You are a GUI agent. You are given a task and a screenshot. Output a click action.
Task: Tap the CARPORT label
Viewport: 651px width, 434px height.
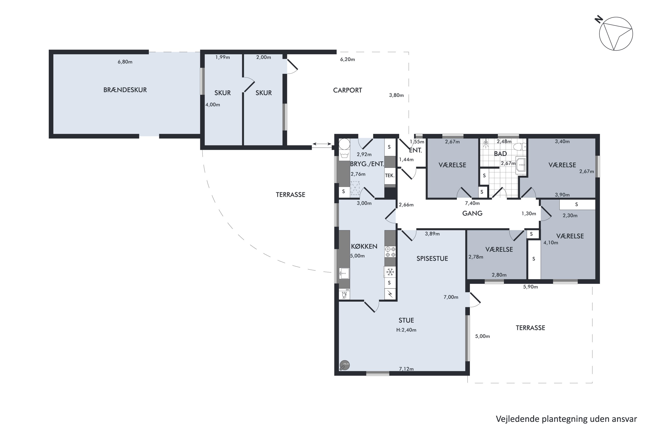(347, 90)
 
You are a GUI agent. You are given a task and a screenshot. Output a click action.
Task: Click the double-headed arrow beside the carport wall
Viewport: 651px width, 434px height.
(322, 144)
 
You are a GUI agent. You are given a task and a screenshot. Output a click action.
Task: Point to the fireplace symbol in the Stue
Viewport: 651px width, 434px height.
(345, 365)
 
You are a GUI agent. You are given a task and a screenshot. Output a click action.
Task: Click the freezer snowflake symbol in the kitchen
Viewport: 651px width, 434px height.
(390, 272)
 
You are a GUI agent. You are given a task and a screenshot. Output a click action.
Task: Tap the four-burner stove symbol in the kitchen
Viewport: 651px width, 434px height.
(390, 252)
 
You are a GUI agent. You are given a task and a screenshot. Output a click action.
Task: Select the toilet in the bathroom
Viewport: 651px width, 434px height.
(519, 146)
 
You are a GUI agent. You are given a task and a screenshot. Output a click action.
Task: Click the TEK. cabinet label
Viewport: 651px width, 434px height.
(390, 176)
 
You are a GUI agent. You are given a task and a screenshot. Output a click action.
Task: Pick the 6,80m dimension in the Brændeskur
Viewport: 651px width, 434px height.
(125, 62)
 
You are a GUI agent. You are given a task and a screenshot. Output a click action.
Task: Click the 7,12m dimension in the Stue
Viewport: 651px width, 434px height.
(406, 369)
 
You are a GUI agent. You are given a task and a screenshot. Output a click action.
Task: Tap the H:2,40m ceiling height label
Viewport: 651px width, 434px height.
(406, 330)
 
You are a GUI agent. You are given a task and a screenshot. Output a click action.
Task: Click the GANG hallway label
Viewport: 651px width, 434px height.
(472, 213)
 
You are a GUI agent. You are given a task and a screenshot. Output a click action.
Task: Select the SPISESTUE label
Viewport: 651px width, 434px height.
(432, 258)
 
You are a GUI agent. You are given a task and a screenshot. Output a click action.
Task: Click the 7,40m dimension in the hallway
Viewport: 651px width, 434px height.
(472, 203)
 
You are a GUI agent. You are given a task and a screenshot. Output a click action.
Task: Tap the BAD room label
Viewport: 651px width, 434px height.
(500, 154)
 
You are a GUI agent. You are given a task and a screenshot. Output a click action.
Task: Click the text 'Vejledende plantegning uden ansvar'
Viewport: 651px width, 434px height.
(566, 419)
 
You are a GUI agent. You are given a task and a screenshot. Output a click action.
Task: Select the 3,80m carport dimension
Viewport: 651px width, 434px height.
(396, 95)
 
